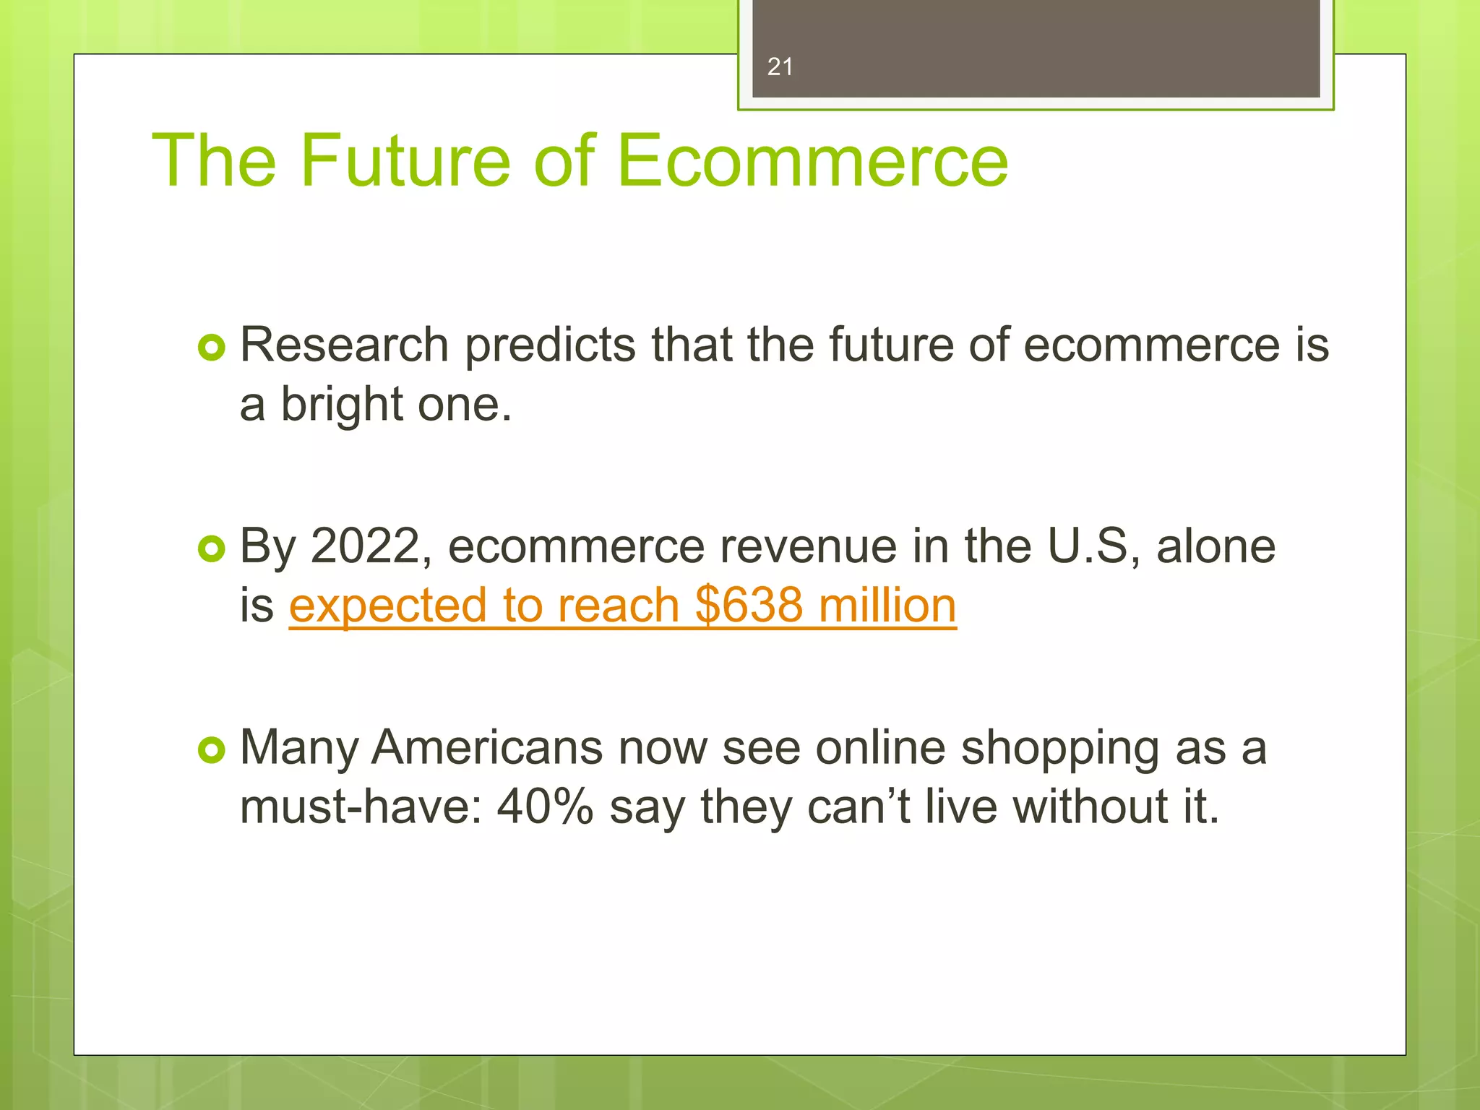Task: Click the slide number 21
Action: click(x=780, y=67)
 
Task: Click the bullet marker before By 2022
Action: click(x=211, y=550)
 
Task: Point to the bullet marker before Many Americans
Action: click(x=211, y=751)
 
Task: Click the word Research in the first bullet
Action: click(x=344, y=345)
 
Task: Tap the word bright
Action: click(x=341, y=405)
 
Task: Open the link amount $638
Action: click(x=749, y=606)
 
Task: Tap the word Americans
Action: click(x=487, y=747)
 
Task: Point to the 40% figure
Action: click(x=545, y=807)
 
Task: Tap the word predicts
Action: click(x=550, y=346)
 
